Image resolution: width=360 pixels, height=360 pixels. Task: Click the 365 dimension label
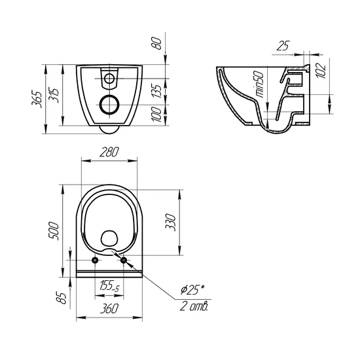[x=37, y=99]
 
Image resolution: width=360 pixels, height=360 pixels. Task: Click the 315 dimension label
[x=54, y=96]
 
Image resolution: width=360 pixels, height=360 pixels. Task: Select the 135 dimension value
[x=157, y=92]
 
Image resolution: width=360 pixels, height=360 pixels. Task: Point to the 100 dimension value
[x=156, y=114]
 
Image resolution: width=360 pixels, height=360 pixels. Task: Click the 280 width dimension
[x=109, y=152]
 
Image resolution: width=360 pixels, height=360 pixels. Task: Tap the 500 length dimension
[x=54, y=231]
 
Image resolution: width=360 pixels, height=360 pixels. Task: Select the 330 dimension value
[x=171, y=223]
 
